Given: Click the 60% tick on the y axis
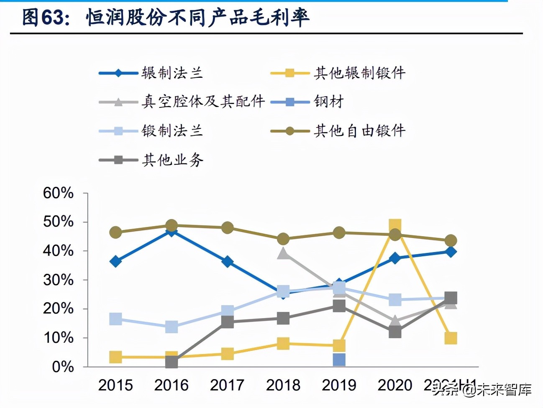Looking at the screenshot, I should point(58,193).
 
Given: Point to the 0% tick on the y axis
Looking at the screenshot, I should point(63,367).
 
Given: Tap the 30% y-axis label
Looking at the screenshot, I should point(58,280).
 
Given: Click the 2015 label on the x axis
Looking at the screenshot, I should point(115,385).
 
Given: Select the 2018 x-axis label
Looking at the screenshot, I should point(283,385).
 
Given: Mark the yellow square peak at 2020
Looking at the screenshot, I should point(395,226).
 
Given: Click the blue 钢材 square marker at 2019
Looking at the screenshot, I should point(339,360).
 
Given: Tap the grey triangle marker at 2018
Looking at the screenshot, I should point(283,253).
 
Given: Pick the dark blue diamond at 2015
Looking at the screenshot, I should point(115,262).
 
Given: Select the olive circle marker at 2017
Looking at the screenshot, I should point(227,228).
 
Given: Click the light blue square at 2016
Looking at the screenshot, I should point(172,326).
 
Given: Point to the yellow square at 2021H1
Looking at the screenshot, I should point(451,338).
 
